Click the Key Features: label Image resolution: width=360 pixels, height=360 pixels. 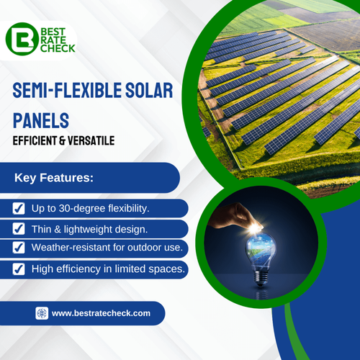point(63,176)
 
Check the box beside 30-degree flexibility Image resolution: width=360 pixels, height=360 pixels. point(19,209)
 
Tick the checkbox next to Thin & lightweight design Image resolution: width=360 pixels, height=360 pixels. point(19,229)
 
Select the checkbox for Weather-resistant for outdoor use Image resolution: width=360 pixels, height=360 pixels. point(19,248)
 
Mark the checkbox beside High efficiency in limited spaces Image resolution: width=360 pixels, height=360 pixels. point(19,269)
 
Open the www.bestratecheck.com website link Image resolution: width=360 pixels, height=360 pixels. point(101,313)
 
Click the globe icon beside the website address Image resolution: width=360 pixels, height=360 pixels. point(42,313)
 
